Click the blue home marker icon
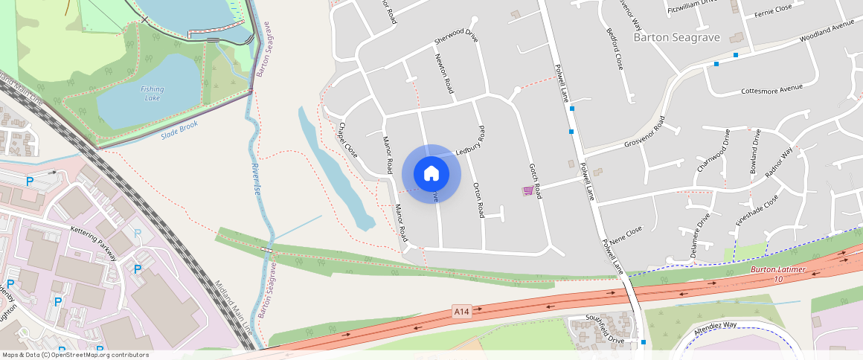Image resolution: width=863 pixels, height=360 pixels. coord(431,174)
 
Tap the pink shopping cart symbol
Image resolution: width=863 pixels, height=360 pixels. coord(527,191)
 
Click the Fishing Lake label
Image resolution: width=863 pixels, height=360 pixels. coord(152,93)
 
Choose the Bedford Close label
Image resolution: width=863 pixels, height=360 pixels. coord(615,49)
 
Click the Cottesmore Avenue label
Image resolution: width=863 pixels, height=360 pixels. coord(772,89)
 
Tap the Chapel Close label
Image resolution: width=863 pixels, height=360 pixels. coord(349,140)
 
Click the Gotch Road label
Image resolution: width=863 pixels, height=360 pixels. coord(534,181)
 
